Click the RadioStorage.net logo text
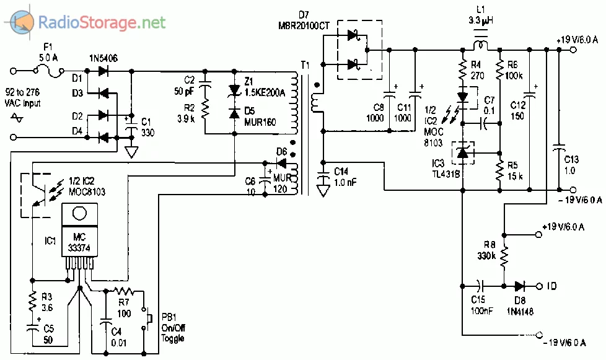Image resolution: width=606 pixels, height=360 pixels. pyautogui.click(x=102, y=24)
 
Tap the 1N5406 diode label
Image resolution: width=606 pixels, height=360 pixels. pyautogui.click(x=102, y=58)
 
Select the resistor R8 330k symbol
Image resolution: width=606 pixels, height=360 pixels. pyautogui.click(x=504, y=255)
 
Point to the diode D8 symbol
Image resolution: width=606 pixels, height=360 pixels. pyautogui.click(x=519, y=286)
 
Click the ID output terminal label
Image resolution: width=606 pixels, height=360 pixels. pyautogui.click(x=551, y=286)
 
